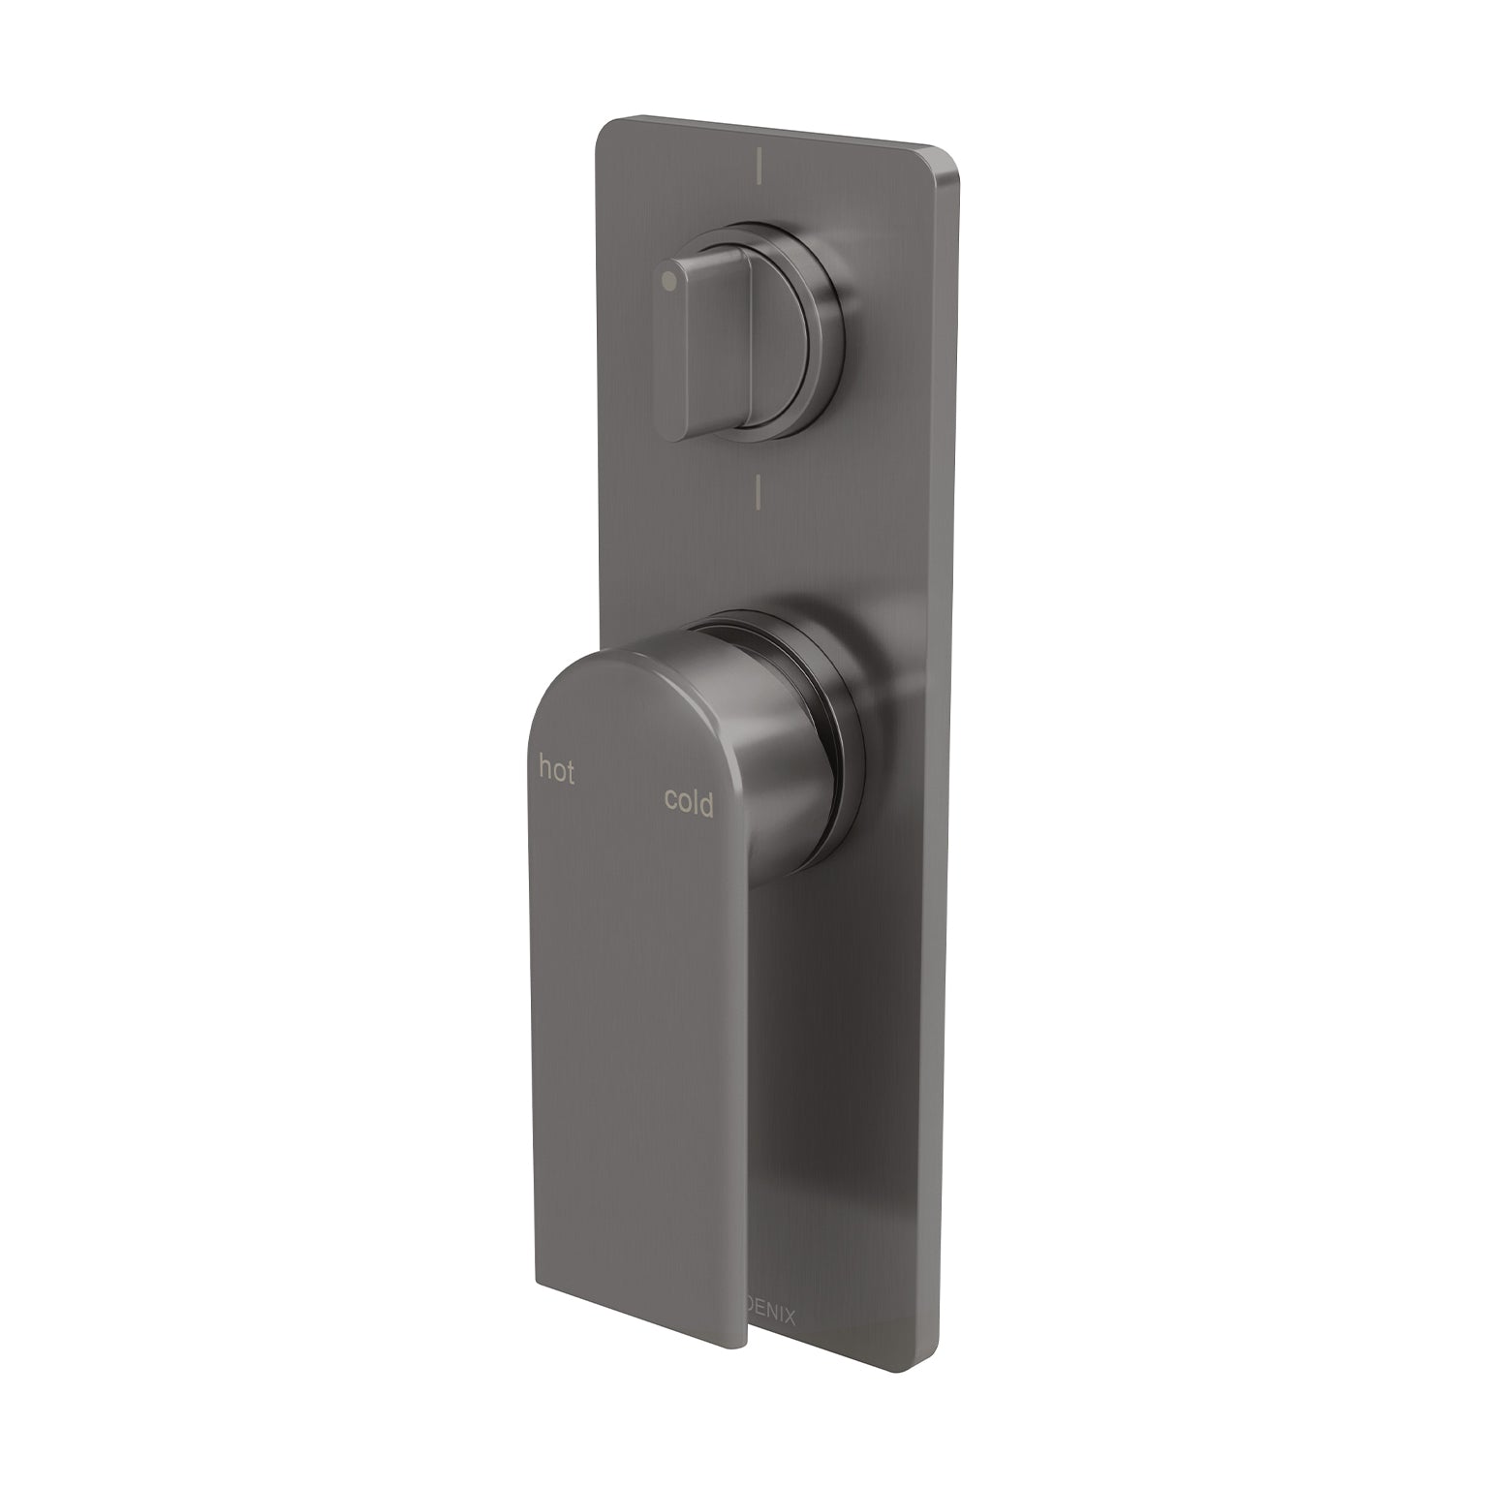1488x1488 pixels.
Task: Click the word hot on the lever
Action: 556,771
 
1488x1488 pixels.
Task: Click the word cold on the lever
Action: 689,802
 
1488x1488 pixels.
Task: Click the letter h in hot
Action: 545,770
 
